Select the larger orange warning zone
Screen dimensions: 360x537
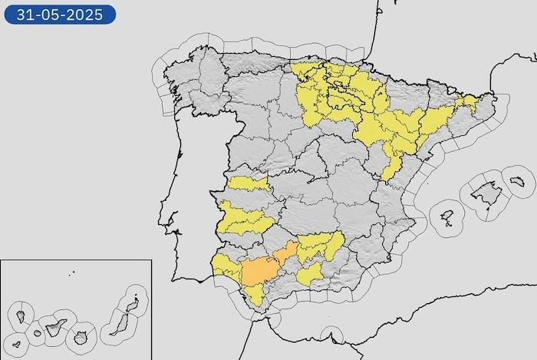[x=260, y=271]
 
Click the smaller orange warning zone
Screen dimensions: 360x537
[x=285, y=253]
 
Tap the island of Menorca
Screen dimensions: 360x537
[x=518, y=181]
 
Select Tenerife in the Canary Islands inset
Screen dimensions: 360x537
[x=55, y=329]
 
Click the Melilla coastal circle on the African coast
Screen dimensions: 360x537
[x=331, y=335]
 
